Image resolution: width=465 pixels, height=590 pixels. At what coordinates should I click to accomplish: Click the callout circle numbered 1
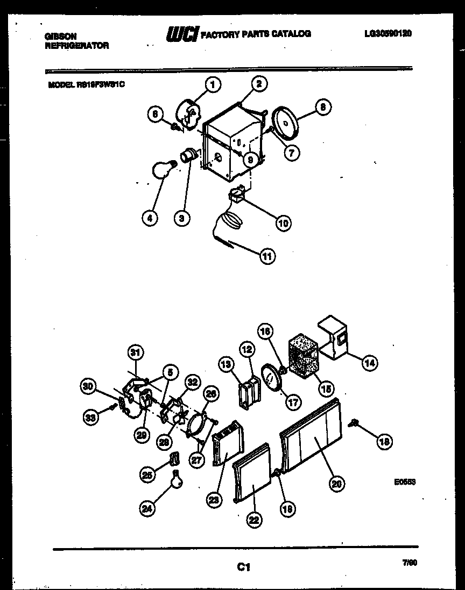pyautogui.click(x=213, y=84)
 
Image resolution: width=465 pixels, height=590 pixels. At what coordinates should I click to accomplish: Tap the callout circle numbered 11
pyautogui.click(x=267, y=256)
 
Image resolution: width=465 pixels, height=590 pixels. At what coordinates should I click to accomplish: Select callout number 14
pyautogui.click(x=369, y=363)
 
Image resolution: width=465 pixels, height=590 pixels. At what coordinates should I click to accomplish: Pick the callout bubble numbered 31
pyautogui.click(x=136, y=352)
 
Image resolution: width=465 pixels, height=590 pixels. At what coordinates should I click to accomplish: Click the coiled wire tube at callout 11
pyautogui.click(x=230, y=222)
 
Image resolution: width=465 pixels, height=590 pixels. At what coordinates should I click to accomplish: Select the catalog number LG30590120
pyautogui.click(x=387, y=33)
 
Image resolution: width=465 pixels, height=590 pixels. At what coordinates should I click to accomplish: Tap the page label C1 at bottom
pyautogui.click(x=243, y=566)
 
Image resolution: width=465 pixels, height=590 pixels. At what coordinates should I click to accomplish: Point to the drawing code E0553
pyautogui.click(x=405, y=482)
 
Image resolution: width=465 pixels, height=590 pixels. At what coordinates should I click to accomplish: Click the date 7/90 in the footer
pyautogui.click(x=410, y=563)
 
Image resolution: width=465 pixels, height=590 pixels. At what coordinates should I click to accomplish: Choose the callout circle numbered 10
pyautogui.click(x=283, y=222)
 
